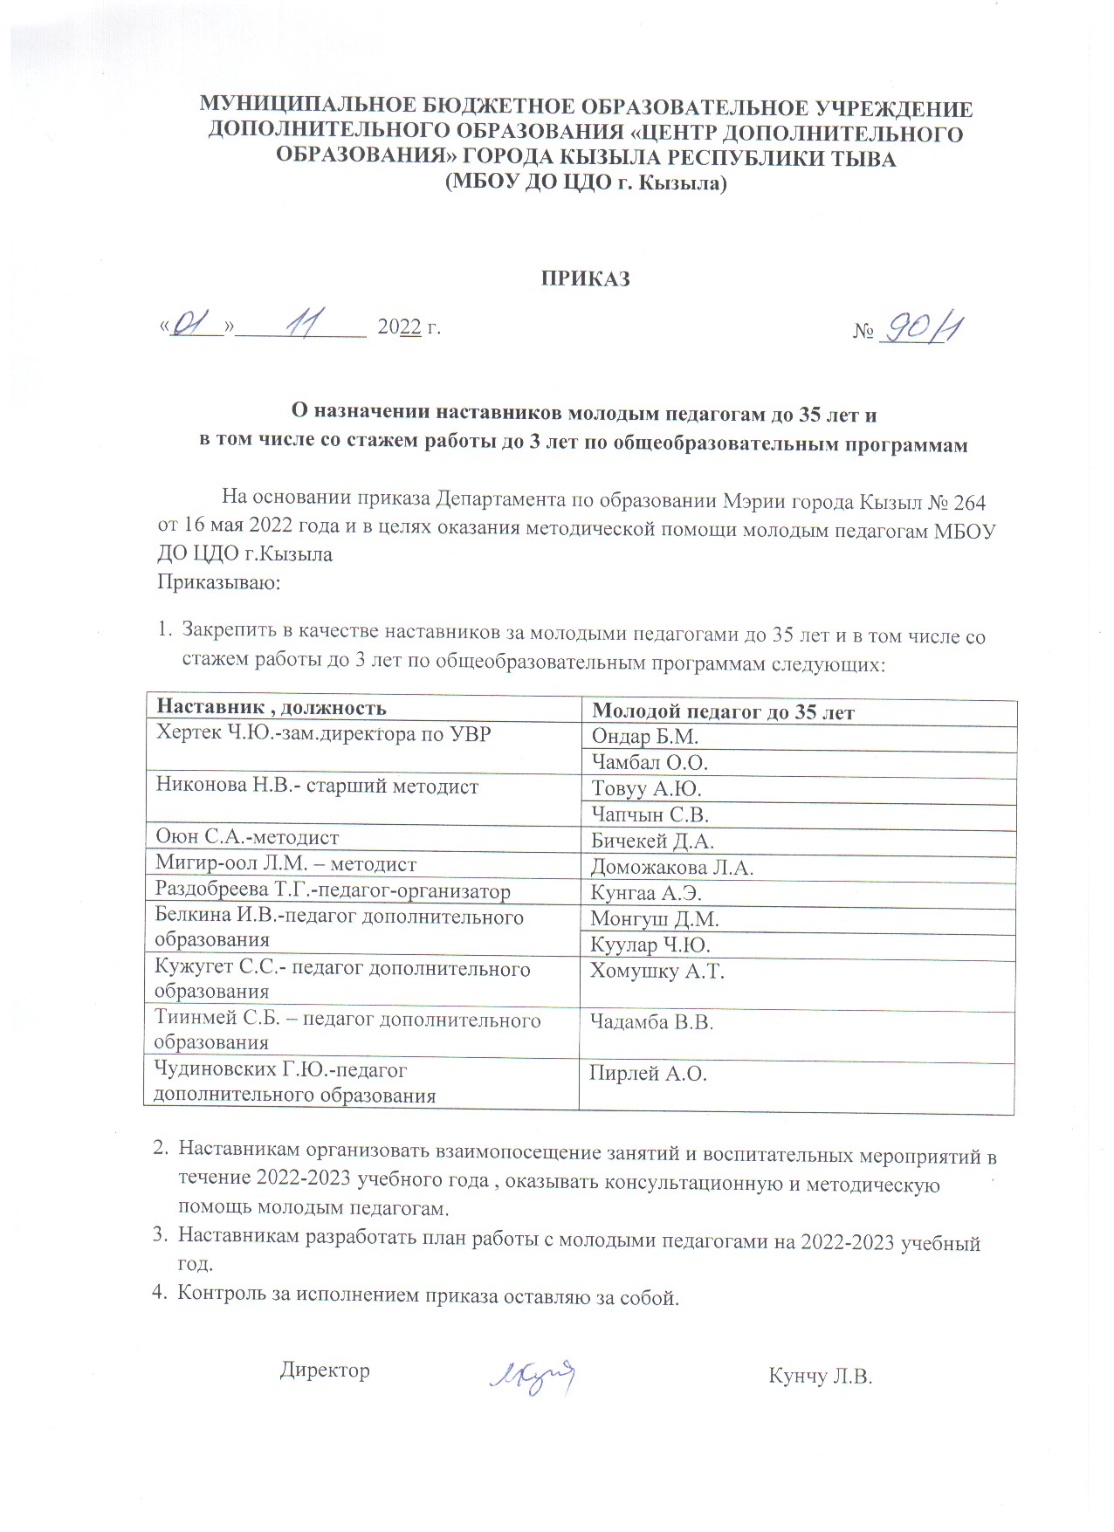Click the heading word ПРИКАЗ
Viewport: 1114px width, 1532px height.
(x=585, y=278)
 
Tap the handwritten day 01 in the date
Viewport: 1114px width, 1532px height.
(x=193, y=326)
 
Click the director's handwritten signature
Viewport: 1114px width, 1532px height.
(x=533, y=1375)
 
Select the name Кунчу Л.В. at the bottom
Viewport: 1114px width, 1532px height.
(x=820, y=1377)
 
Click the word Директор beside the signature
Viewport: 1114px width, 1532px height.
(x=325, y=1370)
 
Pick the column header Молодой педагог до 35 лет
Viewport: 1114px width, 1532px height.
(x=723, y=712)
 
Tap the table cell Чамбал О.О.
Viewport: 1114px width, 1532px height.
(x=650, y=763)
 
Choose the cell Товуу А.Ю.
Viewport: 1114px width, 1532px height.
(x=647, y=789)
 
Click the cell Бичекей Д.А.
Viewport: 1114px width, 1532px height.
(x=652, y=842)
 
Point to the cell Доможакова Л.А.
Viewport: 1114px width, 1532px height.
(x=671, y=868)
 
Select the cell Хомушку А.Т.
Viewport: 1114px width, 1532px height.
(x=657, y=971)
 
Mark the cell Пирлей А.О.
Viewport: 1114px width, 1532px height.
(x=648, y=1074)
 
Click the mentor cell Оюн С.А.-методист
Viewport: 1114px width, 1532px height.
(x=247, y=837)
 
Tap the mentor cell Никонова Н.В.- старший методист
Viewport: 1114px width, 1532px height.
(x=317, y=786)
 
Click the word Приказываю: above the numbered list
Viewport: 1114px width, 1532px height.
(x=218, y=582)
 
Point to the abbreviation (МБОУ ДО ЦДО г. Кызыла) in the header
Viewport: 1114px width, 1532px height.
(x=585, y=183)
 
